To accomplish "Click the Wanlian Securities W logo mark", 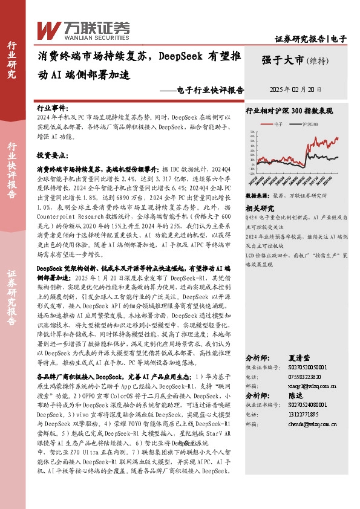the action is click(49, 28).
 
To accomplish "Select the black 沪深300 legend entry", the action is click(302, 124).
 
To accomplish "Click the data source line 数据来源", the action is click(286, 196).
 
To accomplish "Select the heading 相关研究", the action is click(260, 209).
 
